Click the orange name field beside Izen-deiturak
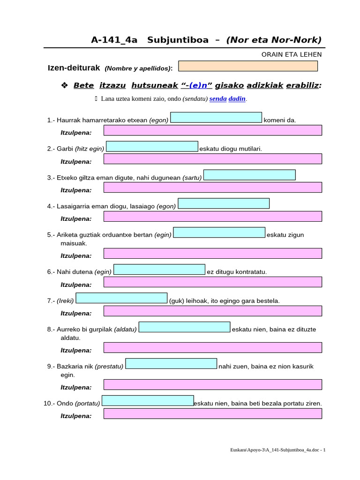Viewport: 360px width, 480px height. point(247,66)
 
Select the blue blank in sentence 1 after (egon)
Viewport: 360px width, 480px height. point(216,118)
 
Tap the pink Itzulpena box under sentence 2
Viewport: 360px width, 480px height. point(212,159)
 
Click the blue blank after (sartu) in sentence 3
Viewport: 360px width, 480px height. point(249,175)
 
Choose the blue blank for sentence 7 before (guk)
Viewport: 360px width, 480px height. point(121,298)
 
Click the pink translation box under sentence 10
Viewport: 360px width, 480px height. point(212,413)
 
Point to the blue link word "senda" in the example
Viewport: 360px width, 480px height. point(217,99)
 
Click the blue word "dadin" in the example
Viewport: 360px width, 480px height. point(237,99)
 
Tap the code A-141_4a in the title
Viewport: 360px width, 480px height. point(114,40)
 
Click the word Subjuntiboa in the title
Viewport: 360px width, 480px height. point(178,40)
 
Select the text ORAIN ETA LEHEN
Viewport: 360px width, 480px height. point(292,54)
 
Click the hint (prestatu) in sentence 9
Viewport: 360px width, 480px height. point(109,366)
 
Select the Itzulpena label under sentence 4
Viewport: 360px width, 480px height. point(76,218)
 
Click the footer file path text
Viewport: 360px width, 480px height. point(277,450)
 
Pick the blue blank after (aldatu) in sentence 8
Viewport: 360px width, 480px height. point(185,327)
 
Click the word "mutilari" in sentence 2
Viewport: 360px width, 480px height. point(249,149)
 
